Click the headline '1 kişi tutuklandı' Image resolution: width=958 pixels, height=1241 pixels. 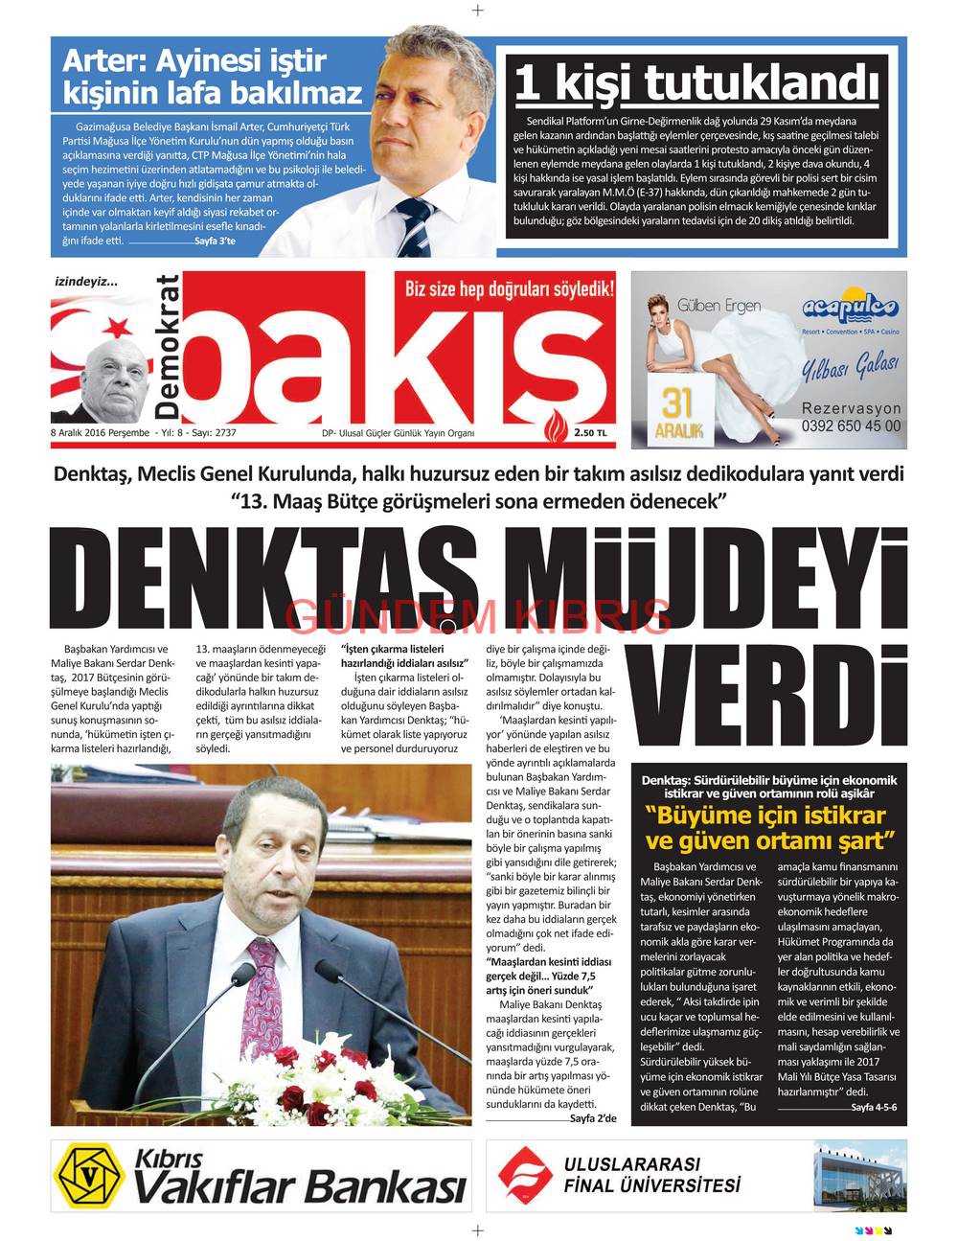pos(696,82)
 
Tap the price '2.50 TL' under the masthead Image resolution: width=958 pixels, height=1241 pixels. pos(590,433)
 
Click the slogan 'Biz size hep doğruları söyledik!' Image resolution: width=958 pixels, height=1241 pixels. pos(510,288)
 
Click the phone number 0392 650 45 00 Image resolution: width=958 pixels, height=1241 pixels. pos(851,426)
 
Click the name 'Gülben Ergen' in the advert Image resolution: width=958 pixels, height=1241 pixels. pos(718,306)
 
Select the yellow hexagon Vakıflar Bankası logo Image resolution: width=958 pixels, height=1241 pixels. pos(90,1175)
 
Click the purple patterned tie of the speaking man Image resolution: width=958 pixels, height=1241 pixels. pos(262,997)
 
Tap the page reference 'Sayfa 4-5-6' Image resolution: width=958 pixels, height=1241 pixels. pos(873,1107)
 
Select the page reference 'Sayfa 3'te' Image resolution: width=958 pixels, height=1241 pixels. pos(215,241)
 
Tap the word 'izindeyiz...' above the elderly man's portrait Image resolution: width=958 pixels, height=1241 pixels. pos(86,282)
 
